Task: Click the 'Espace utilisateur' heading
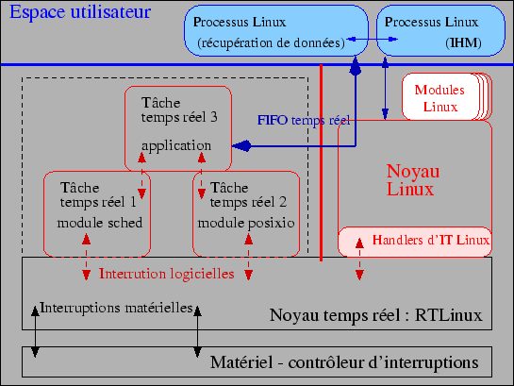click(x=80, y=12)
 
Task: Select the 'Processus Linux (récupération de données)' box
click(x=276, y=30)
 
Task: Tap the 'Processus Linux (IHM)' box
click(x=440, y=30)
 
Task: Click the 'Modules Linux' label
click(x=439, y=98)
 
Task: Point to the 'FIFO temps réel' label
click(x=304, y=121)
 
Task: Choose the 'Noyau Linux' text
click(x=413, y=180)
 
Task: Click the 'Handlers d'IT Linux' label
click(x=431, y=240)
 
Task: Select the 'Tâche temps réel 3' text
click(x=179, y=109)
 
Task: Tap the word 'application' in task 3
click(x=176, y=146)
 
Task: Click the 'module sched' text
click(x=100, y=223)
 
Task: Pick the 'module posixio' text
click(x=246, y=223)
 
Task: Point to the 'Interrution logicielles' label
click(x=167, y=274)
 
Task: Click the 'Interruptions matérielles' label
click(x=116, y=308)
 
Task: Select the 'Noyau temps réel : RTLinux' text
click(x=375, y=315)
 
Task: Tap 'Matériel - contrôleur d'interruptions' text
click(x=344, y=362)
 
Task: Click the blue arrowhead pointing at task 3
click(x=242, y=146)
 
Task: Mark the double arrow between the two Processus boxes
click(x=372, y=40)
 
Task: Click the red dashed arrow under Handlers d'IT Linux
click(x=359, y=260)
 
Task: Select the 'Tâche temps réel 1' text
click(x=98, y=194)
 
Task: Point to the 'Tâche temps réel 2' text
click(x=248, y=194)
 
